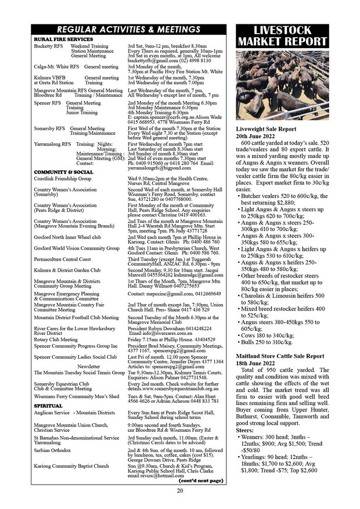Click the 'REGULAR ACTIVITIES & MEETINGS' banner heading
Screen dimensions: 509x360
129,30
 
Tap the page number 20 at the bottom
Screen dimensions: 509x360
181,491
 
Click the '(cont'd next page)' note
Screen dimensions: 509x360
201,481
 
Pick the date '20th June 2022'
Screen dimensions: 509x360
258,135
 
